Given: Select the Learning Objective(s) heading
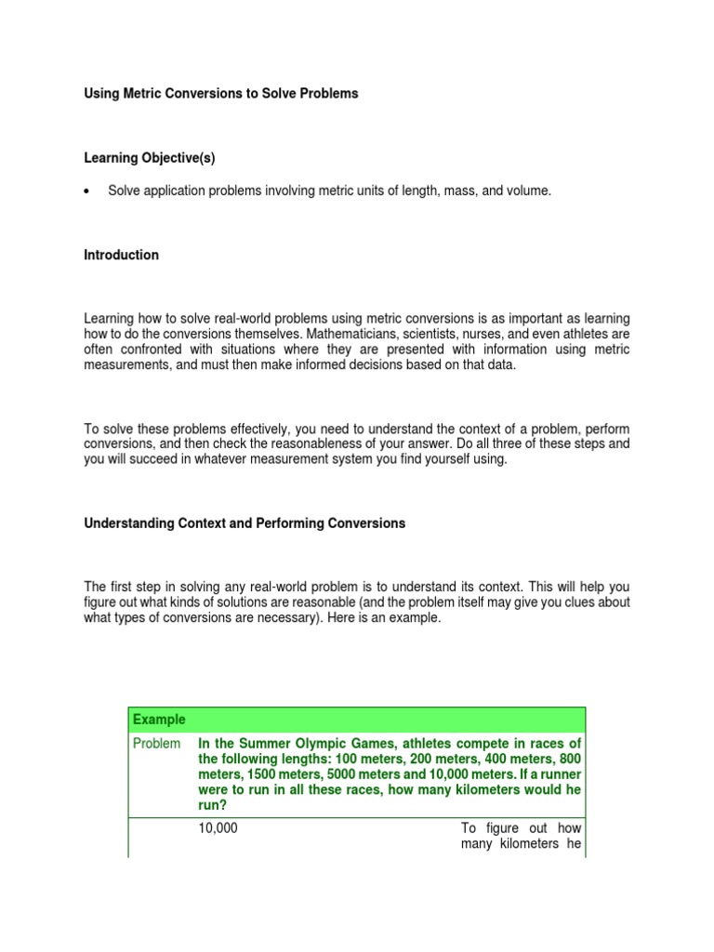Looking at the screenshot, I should (x=150, y=158).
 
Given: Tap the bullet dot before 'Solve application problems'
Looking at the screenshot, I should (x=86, y=192).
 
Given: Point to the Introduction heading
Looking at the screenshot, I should (x=122, y=255).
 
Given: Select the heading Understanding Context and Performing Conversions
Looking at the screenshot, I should (x=245, y=523).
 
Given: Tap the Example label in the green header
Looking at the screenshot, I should (x=159, y=720).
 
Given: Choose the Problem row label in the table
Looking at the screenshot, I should (x=156, y=744).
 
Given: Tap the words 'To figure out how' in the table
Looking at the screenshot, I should (x=521, y=828).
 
